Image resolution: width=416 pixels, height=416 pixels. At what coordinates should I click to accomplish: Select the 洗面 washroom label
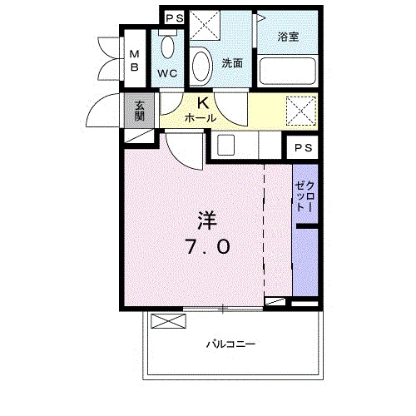[x=232, y=62]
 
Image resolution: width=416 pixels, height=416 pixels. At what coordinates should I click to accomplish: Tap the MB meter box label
[x=133, y=62]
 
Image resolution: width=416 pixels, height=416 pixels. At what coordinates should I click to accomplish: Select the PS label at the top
[x=173, y=18]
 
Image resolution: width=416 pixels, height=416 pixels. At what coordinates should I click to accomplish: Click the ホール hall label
[x=201, y=118]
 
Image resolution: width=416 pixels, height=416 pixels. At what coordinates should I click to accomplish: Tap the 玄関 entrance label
[x=139, y=111]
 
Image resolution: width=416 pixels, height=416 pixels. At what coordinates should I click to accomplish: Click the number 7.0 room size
[x=208, y=246]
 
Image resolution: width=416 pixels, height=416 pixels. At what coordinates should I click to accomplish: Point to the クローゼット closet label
[x=306, y=196]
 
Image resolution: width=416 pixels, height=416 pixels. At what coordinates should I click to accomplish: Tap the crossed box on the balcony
[x=166, y=322]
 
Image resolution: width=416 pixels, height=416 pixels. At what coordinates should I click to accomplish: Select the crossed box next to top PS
[x=203, y=25]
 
